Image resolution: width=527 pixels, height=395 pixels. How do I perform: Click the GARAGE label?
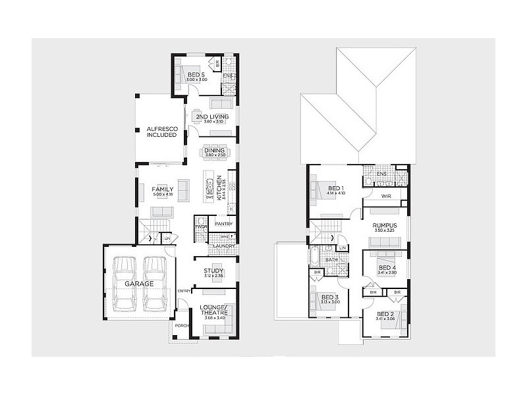(x=138, y=283)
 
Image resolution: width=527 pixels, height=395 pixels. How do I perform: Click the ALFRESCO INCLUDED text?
(x=161, y=131)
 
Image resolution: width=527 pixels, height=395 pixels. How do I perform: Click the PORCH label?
(x=182, y=325)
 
